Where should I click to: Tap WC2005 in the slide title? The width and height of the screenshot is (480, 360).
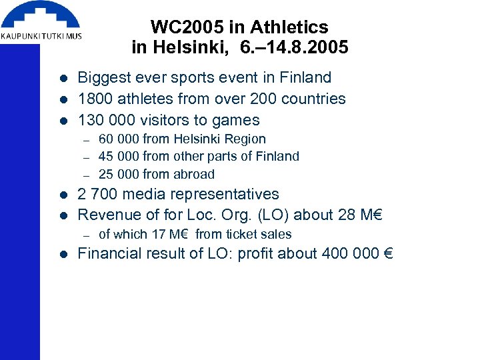187,27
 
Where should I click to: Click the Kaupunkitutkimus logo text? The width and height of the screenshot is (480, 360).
41,35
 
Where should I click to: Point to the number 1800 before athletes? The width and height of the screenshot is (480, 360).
95,99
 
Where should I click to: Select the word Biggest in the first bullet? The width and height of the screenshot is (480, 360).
104,77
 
